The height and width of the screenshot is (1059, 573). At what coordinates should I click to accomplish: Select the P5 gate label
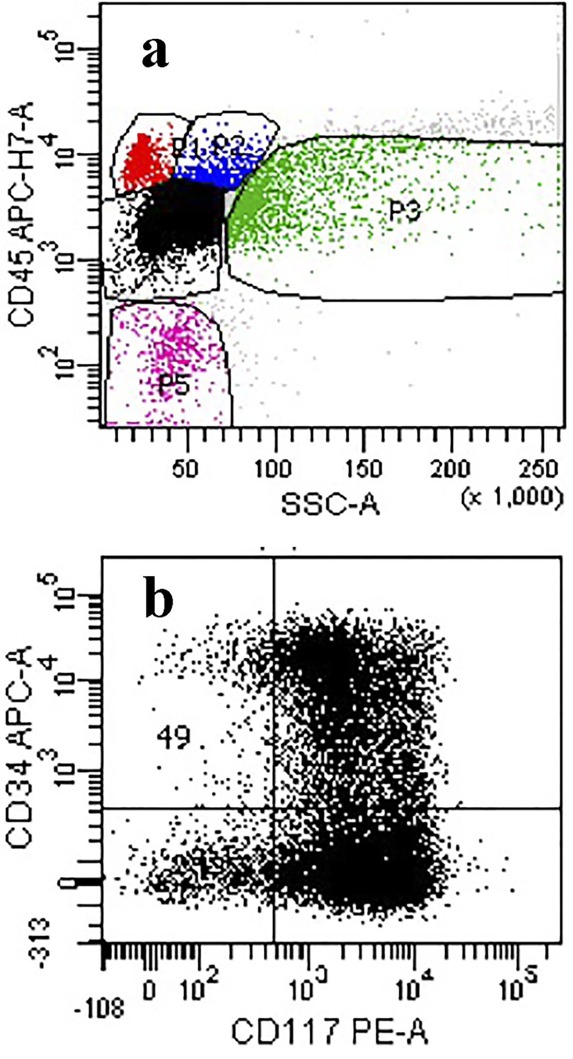click(173, 387)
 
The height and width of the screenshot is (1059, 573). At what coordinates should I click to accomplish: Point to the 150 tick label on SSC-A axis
click(363, 469)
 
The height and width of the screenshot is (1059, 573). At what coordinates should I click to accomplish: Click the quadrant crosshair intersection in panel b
click(274, 809)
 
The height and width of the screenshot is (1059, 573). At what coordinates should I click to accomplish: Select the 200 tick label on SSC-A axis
click(451, 469)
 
